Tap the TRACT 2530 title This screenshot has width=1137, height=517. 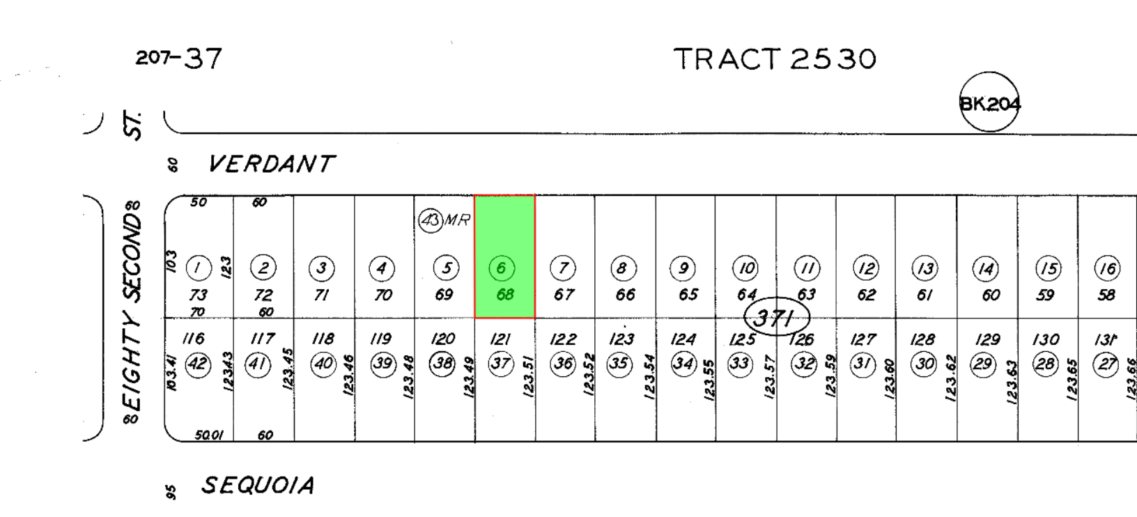pos(775,59)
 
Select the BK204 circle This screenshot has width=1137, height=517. pos(989,102)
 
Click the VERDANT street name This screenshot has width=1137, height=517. pos(271,164)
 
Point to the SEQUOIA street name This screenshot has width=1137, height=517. pos(258,485)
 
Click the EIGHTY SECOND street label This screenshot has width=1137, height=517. pos(132,312)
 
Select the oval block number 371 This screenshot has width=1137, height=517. pos(776,318)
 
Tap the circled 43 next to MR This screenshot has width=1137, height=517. pos(430,220)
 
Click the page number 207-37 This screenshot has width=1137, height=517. pos(179,59)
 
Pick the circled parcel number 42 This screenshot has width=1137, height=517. pos(199,364)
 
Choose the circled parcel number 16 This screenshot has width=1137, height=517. pos(1106,268)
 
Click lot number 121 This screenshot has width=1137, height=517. pos(500,339)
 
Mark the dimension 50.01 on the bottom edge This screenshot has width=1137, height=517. pos(209,435)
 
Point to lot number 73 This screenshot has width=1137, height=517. pos(199,295)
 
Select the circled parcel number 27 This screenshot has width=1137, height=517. pos(1106,364)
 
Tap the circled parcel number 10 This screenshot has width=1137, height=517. pos(745,268)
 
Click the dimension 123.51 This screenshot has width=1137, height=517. pos(529,377)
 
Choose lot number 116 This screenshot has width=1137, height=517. pos(193,339)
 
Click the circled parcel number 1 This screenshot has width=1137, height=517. pos(199,268)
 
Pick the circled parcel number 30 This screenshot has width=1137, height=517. pos(924,364)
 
